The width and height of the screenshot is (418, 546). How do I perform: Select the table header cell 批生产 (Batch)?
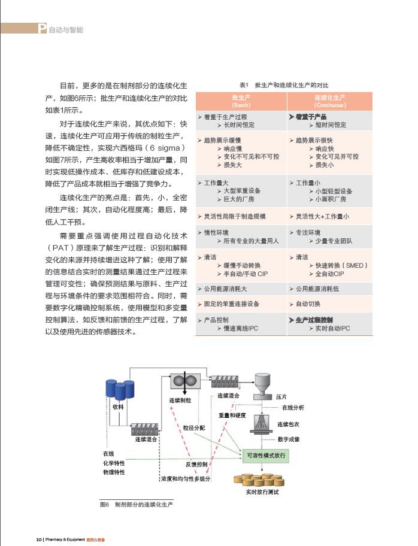241,100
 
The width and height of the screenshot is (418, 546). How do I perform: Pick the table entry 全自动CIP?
329,274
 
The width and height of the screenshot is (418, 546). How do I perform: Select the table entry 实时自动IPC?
333,328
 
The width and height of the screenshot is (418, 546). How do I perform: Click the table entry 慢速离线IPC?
237,328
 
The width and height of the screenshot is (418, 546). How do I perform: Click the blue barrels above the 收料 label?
120,390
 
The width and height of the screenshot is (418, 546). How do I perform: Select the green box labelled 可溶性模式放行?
266,456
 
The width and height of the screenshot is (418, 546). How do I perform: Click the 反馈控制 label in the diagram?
193,463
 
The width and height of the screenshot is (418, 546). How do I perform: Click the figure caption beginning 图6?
135,505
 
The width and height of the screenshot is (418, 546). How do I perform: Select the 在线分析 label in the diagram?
293,407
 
